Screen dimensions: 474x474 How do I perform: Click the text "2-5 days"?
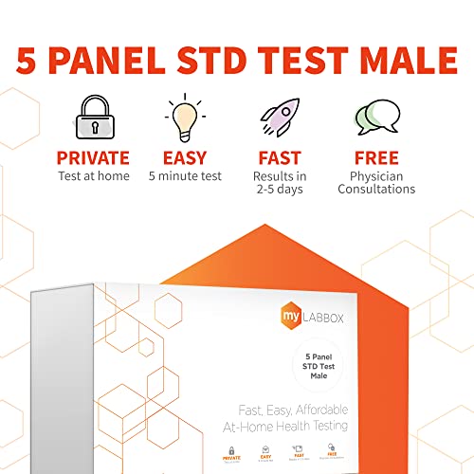tap(279, 190)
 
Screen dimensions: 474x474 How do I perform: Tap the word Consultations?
tap(376, 190)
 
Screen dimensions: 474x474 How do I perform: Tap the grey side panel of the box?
tap(66, 379)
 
